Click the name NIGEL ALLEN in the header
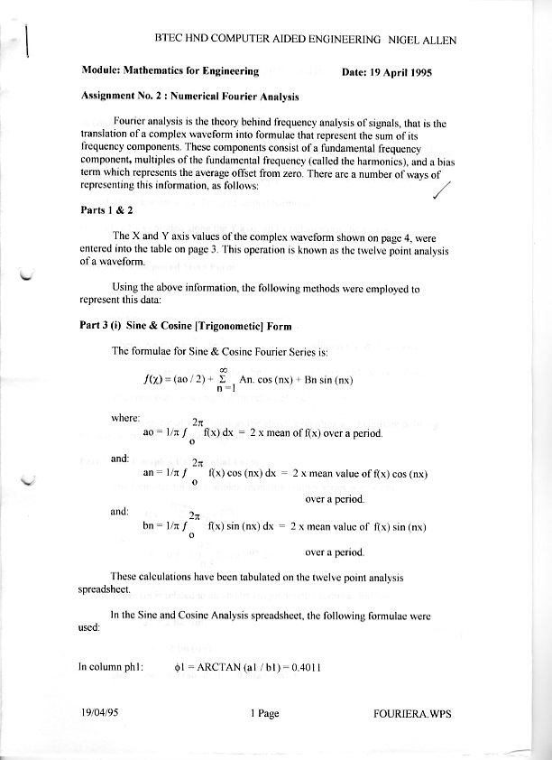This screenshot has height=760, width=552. pos(434,40)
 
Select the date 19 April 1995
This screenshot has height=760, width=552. pos(389,71)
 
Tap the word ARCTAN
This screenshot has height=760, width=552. pos(207,669)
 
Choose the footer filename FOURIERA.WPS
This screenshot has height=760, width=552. pos(411,714)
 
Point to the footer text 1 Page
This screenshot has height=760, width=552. pos(264,714)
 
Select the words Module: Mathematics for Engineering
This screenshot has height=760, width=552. pos(170,71)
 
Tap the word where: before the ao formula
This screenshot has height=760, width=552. pos(124,418)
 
